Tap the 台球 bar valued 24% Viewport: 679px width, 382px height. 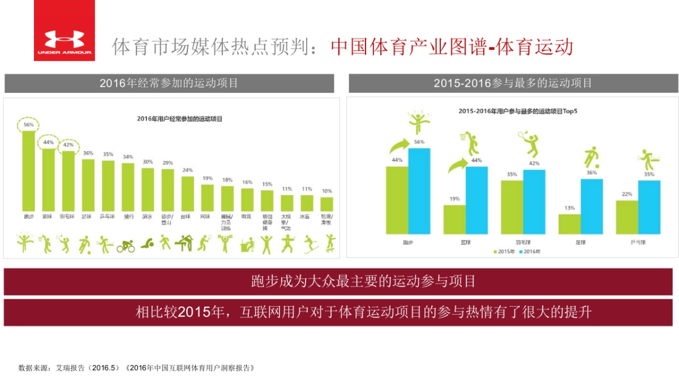(188, 194)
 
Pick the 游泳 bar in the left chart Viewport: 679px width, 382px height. (148, 190)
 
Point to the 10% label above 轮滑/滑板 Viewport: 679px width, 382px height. (327, 191)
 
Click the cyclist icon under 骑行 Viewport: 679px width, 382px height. (126, 246)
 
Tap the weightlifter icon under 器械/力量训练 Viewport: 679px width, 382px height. (226, 244)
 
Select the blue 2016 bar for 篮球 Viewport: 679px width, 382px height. (477, 200)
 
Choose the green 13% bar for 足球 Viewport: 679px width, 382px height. (569, 224)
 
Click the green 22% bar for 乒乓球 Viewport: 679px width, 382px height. (627, 217)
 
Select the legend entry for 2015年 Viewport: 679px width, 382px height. (505, 251)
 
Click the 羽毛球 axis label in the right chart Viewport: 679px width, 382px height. (523, 242)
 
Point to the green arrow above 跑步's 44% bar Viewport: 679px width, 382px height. (400, 147)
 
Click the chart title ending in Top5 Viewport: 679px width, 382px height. (518, 111)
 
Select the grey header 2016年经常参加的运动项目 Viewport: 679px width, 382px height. (169, 83)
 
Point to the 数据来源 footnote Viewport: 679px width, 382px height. (136, 367)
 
